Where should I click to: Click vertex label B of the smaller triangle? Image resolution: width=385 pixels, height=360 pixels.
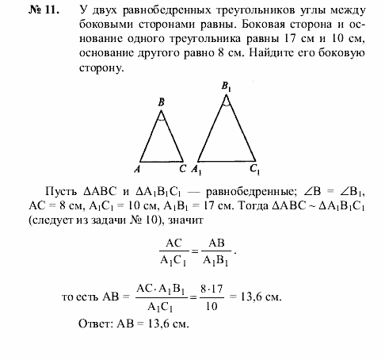[x=161, y=102]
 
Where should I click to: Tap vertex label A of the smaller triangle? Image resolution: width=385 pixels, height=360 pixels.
[x=138, y=169]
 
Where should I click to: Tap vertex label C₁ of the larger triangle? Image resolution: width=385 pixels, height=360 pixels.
[x=253, y=169]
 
